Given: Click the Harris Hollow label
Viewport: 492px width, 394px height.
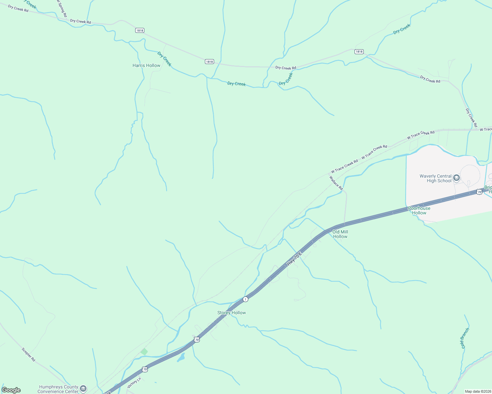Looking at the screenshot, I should [x=146, y=65].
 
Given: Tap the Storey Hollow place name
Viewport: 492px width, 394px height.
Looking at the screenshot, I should [x=232, y=313].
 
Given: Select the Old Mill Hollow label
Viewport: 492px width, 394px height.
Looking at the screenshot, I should [x=340, y=234].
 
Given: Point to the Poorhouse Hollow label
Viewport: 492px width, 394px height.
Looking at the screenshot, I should [x=419, y=210].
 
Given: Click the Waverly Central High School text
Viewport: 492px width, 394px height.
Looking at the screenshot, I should [x=435, y=178].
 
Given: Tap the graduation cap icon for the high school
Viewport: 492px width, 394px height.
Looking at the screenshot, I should [x=456, y=178].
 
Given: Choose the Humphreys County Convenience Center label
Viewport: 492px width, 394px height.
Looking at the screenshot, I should [x=59, y=389].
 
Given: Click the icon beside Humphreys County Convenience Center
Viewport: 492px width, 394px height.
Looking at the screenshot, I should [x=83, y=389].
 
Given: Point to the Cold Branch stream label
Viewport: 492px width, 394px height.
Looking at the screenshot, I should [x=464, y=338].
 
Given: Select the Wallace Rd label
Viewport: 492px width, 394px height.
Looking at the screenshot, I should [x=336, y=183].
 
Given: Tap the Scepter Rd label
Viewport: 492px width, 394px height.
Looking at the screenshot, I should [x=28, y=355].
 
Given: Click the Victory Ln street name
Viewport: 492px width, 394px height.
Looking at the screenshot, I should [x=134, y=383].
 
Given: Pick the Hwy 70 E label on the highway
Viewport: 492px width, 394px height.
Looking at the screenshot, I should [x=294, y=259].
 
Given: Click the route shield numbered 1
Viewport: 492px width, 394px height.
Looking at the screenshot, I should [x=245, y=299].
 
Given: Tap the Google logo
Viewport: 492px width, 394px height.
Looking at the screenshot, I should [x=11, y=390].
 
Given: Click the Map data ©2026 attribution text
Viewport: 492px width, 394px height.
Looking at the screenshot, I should [x=477, y=391].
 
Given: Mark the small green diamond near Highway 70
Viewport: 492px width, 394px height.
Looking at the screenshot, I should [x=144, y=352].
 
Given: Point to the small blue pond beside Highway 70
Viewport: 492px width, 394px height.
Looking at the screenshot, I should [x=181, y=357].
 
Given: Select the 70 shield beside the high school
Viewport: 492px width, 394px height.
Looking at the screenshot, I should [x=479, y=192].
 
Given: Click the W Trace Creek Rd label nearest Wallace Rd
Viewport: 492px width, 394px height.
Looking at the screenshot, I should [x=344, y=166].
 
